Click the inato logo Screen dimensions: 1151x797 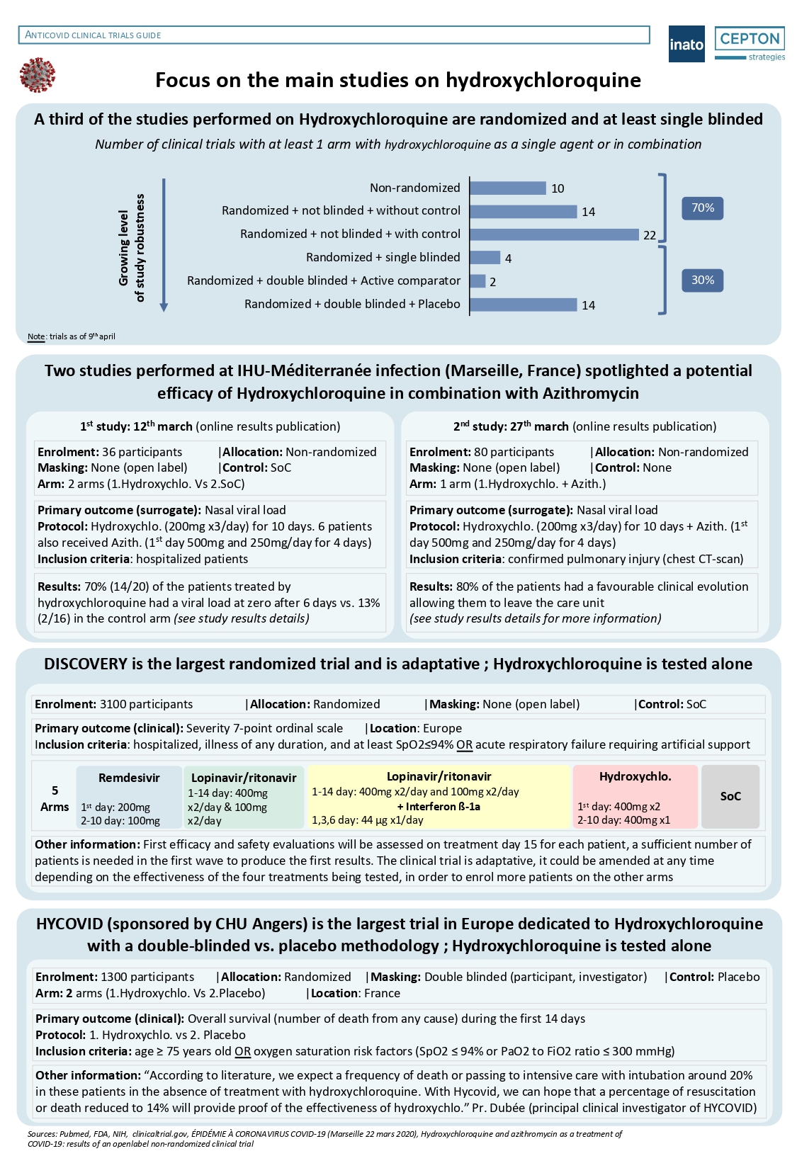686,44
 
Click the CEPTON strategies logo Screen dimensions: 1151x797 750,44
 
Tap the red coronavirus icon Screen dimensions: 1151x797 38,76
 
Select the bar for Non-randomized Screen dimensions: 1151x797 508,188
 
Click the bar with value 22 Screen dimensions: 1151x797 554,234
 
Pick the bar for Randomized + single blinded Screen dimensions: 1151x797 485,258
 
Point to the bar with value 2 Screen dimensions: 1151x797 478,281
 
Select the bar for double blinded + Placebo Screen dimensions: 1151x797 524,305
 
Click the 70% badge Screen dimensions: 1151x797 702,208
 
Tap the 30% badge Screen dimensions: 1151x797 702,280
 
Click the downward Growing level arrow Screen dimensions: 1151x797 164,244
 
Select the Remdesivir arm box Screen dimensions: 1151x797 129,797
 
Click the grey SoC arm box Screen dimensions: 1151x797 730,797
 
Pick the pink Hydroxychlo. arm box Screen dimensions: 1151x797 635,797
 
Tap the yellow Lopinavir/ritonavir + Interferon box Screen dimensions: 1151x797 439,797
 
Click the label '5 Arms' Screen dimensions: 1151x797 55,798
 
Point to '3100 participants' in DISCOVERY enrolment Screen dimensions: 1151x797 146,704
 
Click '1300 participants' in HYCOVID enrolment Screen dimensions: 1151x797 147,977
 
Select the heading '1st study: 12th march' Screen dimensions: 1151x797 136,426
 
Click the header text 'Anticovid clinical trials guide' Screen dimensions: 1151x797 93,35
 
